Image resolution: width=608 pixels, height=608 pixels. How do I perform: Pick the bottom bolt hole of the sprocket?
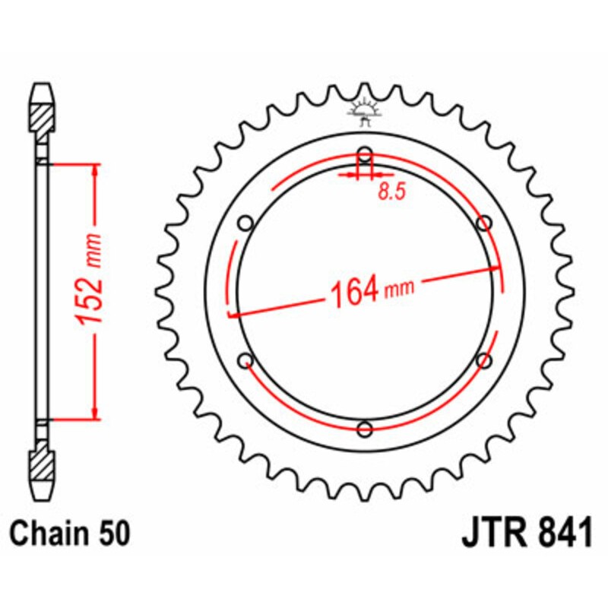point(365,429)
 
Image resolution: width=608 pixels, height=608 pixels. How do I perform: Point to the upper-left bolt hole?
point(245,223)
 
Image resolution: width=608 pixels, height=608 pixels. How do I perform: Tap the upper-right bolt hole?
point(484,223)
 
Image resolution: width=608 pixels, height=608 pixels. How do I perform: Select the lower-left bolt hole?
point(245,360)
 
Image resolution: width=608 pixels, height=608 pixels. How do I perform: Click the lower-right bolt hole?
point(484,360)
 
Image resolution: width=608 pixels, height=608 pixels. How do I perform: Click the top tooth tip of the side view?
point(43,84)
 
